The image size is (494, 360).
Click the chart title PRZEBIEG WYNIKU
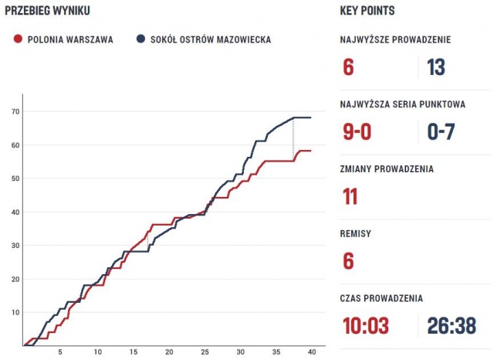[48, 10]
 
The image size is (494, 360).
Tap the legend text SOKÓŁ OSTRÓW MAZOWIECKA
[210, 39]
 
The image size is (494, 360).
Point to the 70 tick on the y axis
[15, 111]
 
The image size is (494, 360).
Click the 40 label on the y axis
[15, 212]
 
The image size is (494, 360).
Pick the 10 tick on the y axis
[15, 312]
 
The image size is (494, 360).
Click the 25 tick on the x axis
[205, 352]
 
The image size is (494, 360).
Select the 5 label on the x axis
[61, 352]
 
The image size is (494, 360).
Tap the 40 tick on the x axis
[311, 352]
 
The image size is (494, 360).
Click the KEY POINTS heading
[367, 10]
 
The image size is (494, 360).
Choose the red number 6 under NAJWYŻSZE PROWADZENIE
[348, 67]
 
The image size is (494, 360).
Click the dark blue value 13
[436, 67]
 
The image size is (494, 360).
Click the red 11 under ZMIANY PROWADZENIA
[350, 196]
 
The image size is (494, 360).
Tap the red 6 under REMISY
[348, 261]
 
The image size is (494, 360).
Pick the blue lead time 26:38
[452, 326]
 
